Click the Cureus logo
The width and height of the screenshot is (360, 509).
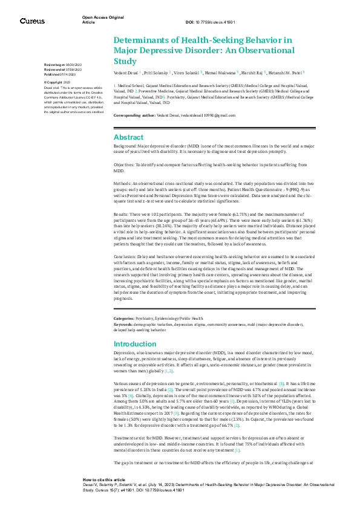[x=32, y=21]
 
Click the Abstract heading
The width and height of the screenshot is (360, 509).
[x=129, y=137]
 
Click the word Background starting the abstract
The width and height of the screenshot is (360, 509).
[x=125, y=147]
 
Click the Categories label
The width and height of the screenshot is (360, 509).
[x=125, y=318]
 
